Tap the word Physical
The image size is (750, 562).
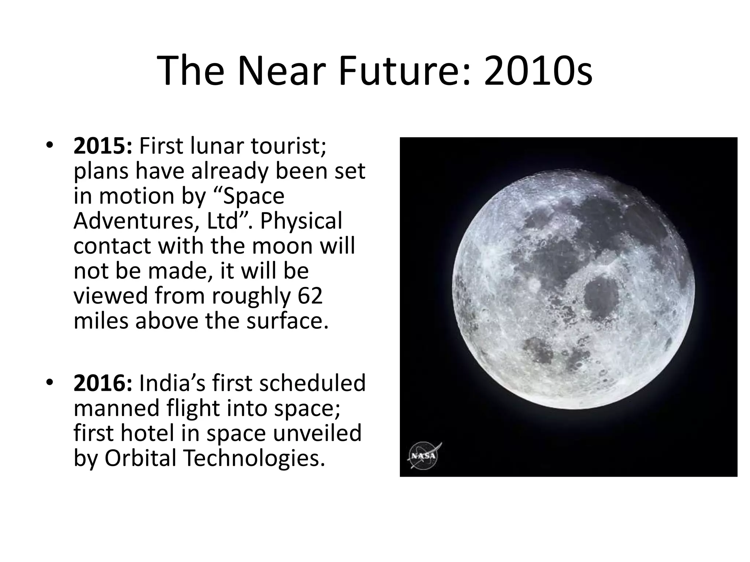coord(301,221)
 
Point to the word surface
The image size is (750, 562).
coord(287,321)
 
